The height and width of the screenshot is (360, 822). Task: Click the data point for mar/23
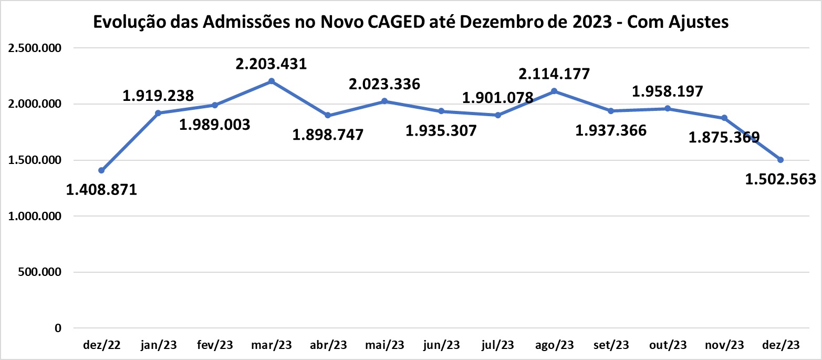pos(271,81)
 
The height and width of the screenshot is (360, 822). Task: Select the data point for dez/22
pos(101,170)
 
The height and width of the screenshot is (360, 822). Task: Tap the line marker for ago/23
pos(554,91)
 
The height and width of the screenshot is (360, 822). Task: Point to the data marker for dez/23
pos(781,160)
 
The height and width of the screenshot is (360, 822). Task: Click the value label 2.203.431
pos(271,64)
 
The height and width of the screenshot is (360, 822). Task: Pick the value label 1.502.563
pos(781,179)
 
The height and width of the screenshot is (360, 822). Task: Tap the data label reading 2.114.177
pos(555,74)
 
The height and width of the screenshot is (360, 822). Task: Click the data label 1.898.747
pos(328,135)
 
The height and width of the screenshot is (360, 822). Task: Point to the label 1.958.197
pos(667,92)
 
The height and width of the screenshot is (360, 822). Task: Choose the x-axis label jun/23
pos(441,345)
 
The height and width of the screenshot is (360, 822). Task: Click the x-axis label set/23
pos(611,345)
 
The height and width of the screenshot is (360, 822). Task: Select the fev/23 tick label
pos(215,345)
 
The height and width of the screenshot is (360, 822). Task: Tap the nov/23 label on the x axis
pos(724,345)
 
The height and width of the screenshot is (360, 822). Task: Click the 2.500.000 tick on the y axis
pos(33,48)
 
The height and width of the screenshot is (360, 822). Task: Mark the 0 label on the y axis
pos(58,328)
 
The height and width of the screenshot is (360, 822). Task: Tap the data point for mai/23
pos(384,101)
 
